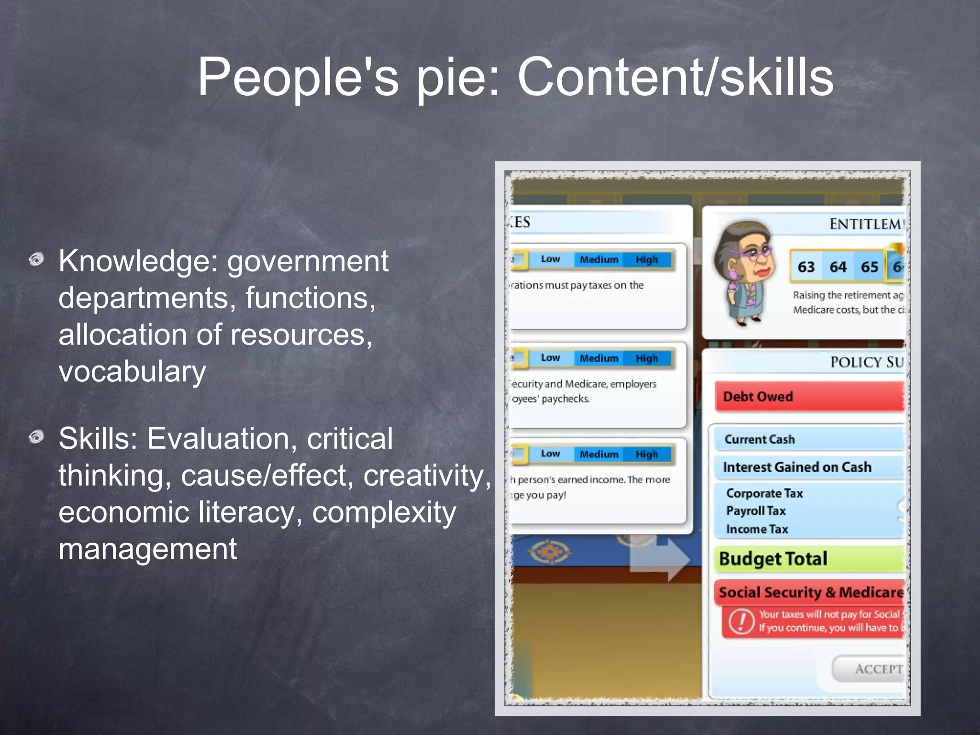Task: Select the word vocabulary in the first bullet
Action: [132, 371]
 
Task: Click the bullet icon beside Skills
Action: [36, 437]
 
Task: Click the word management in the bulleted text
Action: [147, 549]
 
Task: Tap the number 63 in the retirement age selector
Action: [806, 267]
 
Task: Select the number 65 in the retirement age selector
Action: [869, 267]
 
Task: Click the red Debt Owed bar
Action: [809, 396]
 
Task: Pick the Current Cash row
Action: [809, 439]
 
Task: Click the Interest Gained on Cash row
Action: [809, 467]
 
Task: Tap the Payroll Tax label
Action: [756, 511]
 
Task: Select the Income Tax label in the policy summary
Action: [757, 529]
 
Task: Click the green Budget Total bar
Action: [809, 559]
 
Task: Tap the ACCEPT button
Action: [871, 669]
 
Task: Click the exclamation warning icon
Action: [741, 621]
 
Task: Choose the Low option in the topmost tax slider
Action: [550, 259]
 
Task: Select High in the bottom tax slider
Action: [647, 454]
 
